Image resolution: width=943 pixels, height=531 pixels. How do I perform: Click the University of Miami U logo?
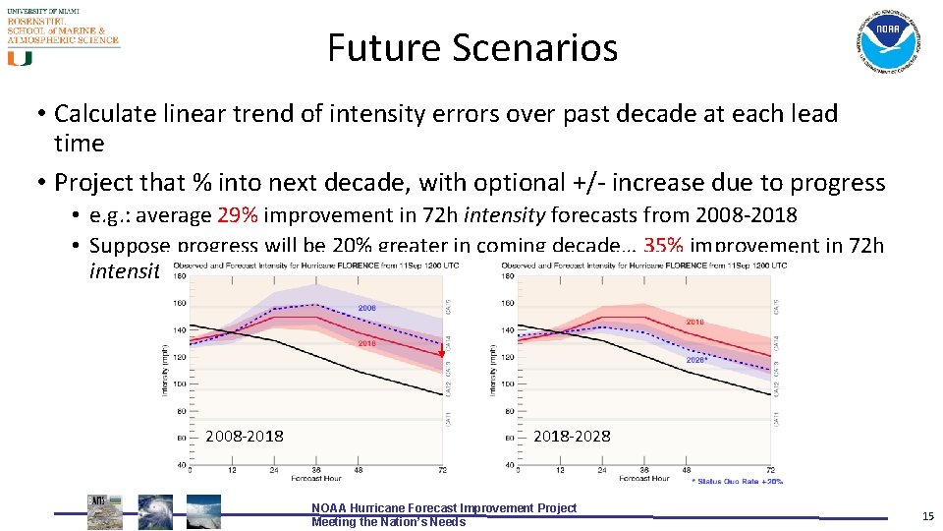[20, 58]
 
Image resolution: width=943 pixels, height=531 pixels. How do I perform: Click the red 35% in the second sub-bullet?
[664, 246]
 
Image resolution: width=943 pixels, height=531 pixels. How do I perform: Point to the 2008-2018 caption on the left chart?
[245, 436]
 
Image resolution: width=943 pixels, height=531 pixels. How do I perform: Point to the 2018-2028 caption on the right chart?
[571, 436]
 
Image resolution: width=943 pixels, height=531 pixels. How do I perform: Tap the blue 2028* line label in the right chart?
[695, 359]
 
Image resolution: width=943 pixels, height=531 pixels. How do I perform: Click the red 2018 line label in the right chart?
[694, 322]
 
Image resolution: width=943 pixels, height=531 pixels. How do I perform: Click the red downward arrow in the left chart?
[441, 350]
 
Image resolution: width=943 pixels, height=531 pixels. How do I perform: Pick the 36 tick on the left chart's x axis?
[316, 470]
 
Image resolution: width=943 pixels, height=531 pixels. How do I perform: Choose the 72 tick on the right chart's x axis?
[770, 470]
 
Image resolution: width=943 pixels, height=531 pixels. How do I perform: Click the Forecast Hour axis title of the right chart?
[644, 479]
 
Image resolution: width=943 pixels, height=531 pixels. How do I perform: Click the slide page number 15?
[927, 515]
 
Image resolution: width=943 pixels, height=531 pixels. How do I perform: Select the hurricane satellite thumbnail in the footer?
[154, 512]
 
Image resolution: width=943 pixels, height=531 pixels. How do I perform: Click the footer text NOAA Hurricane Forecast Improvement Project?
[444, 507]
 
